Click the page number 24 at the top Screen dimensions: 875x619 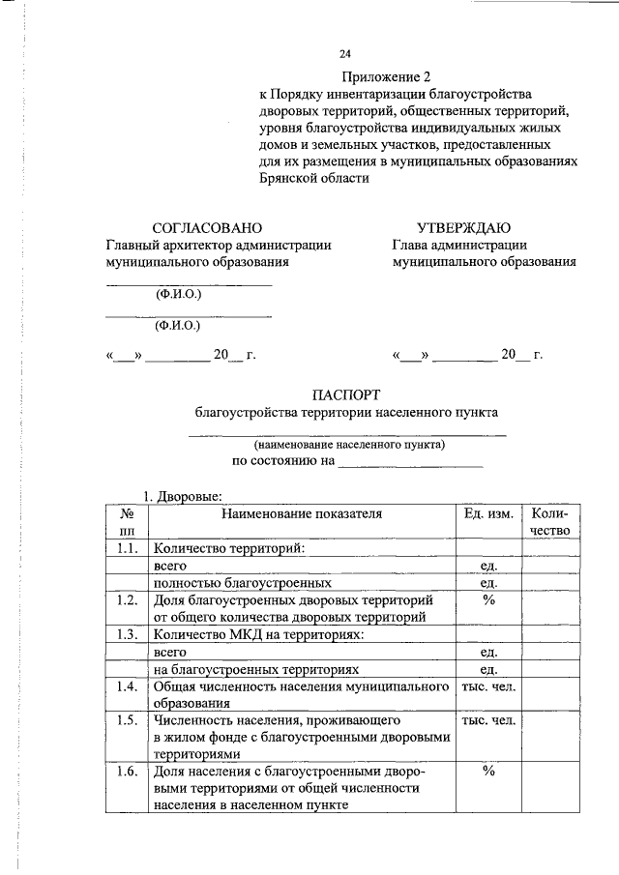pyautogui.click(x=345, y=53)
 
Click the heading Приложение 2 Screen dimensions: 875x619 pyautogui.click(x=384, y=76)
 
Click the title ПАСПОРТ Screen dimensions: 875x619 pyautogui.click(x=346, y=394)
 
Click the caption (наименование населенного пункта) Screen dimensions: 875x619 pyautogui.click(x=349, y=445)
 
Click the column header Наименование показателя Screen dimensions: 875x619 pyautogui.click(x=302, y=513)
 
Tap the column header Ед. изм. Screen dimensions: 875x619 pyautogui.click(x=488, y=513)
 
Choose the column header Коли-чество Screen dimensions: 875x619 pyautogui.click(x=549, y=521)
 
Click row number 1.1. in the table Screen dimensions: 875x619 pyautogui.click(x=126, y=548)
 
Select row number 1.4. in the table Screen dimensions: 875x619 pyautogui.click(x=126, y=686)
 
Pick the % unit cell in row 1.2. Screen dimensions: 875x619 pyautogui.click(x=488, y=600)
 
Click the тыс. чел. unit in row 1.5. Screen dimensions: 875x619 pyautogui.click(x=488, y=721)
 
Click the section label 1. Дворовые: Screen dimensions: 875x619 pyautogui.click(x=184, y=495)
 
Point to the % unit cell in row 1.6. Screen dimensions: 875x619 pyautogui.click(x=488, y=772)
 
